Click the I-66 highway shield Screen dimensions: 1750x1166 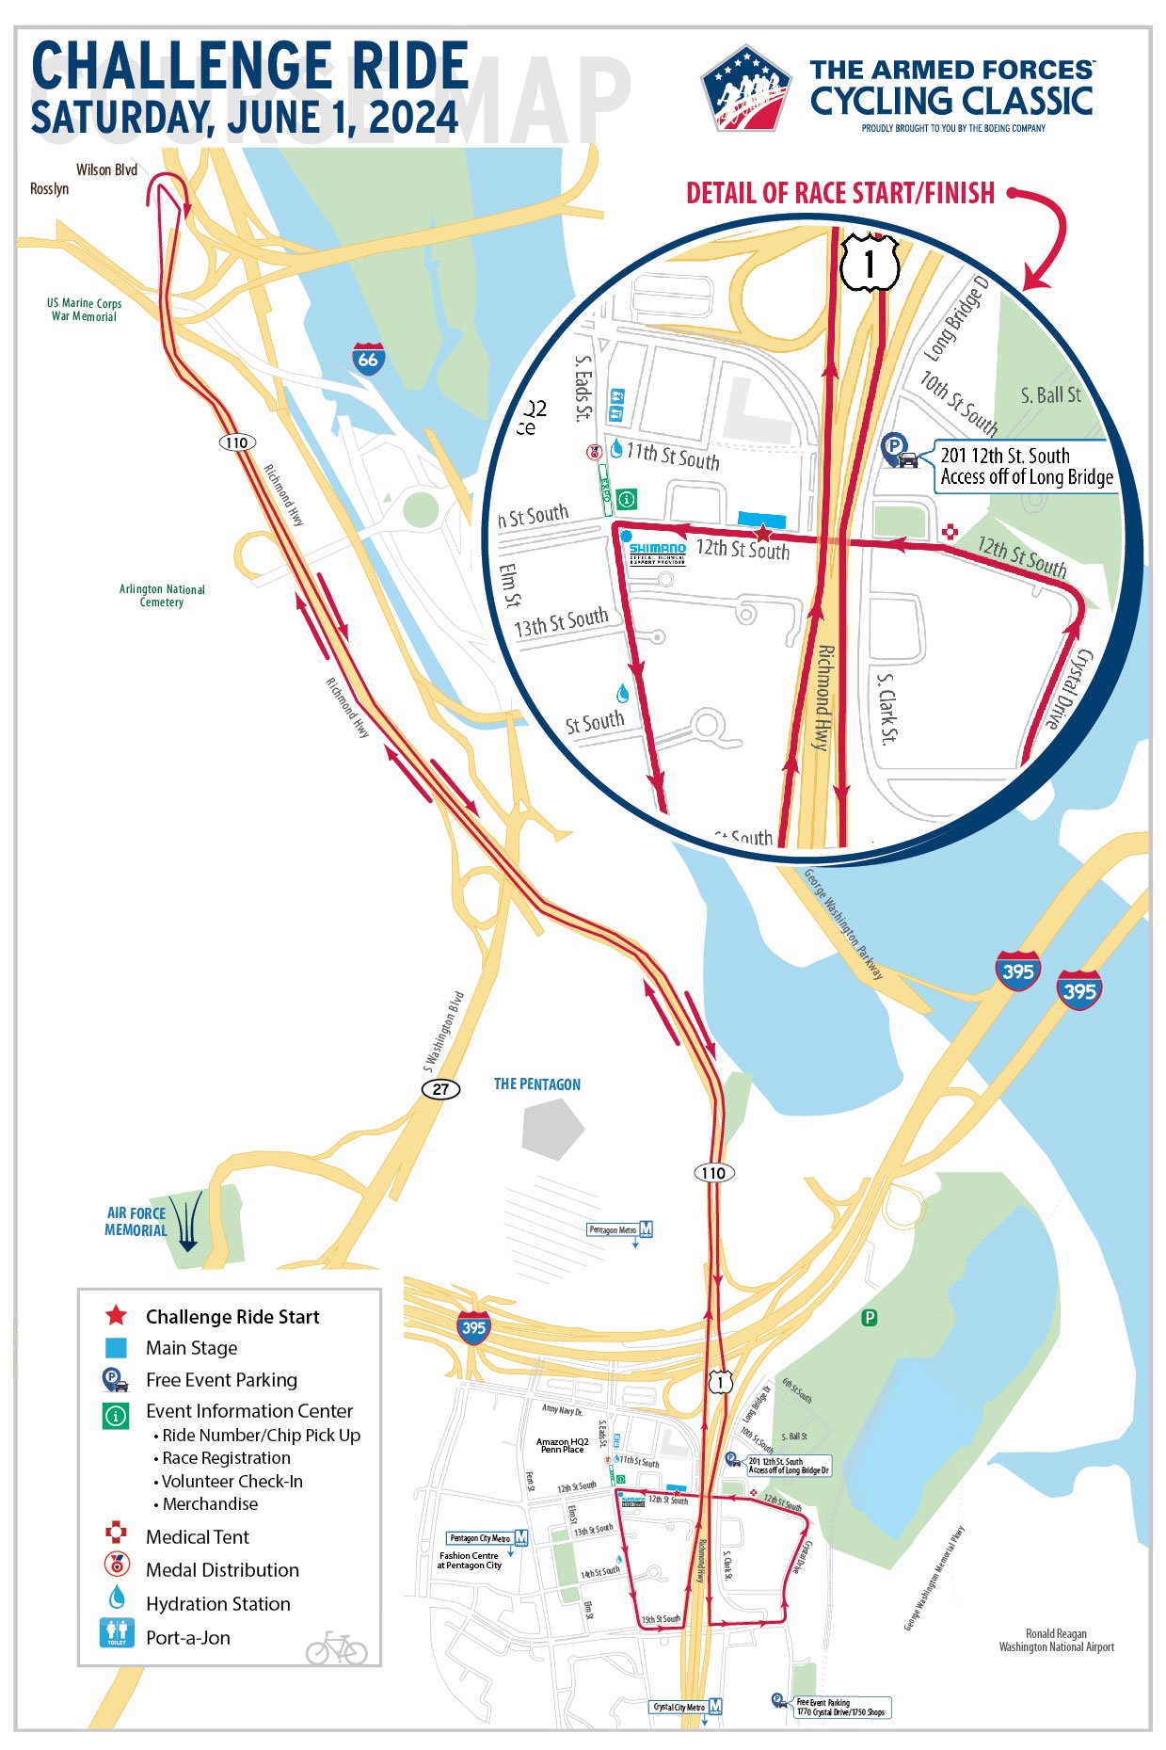(368, 359)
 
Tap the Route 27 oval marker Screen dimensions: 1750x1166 (440, 1089)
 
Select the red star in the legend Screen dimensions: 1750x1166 (116, 1316)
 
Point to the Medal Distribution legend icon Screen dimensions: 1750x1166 (116, 1564)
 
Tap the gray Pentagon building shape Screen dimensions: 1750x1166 (553, 1127)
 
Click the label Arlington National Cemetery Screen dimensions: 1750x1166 (162, 595)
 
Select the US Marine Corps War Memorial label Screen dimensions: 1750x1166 (85, 310)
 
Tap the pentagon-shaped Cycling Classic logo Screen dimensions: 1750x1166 (745, 88)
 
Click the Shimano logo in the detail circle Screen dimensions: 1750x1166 (657, 552)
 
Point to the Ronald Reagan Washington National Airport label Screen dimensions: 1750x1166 (1056, 1641)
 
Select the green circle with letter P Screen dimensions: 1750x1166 (871, 1317)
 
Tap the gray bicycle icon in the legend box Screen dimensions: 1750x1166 (336, 1648)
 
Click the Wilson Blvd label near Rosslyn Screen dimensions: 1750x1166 (106, 170)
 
